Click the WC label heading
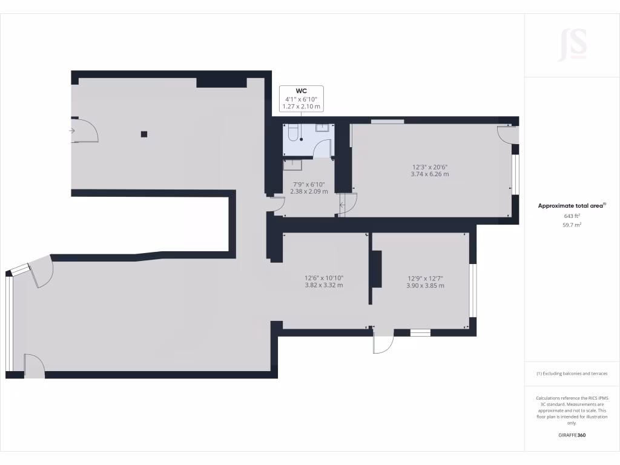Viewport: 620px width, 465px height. (301, 91)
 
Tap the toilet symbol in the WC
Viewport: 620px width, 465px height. (293, 133)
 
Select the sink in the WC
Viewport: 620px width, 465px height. (323, 128)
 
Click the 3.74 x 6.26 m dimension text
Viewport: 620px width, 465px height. (430, 174)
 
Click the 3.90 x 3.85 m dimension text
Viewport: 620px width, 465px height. (425, 286)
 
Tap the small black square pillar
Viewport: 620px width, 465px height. (143, 134)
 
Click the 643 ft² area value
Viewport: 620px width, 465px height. (572, 216)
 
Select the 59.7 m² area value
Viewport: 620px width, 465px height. (572, 225)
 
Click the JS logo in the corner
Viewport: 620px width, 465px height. (572, 45)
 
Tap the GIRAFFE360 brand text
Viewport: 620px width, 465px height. (572, 435)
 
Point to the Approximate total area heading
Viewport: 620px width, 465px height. (571, 206)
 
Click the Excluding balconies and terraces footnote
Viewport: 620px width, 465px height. (572, 374)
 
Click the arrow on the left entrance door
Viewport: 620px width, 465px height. (72, 130)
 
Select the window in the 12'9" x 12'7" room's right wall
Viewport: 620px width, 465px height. (473, 291)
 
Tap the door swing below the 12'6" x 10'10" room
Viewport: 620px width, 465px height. (383, 343)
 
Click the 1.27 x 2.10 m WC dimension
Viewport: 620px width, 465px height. (301, 107)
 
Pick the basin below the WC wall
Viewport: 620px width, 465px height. (294, 162)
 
